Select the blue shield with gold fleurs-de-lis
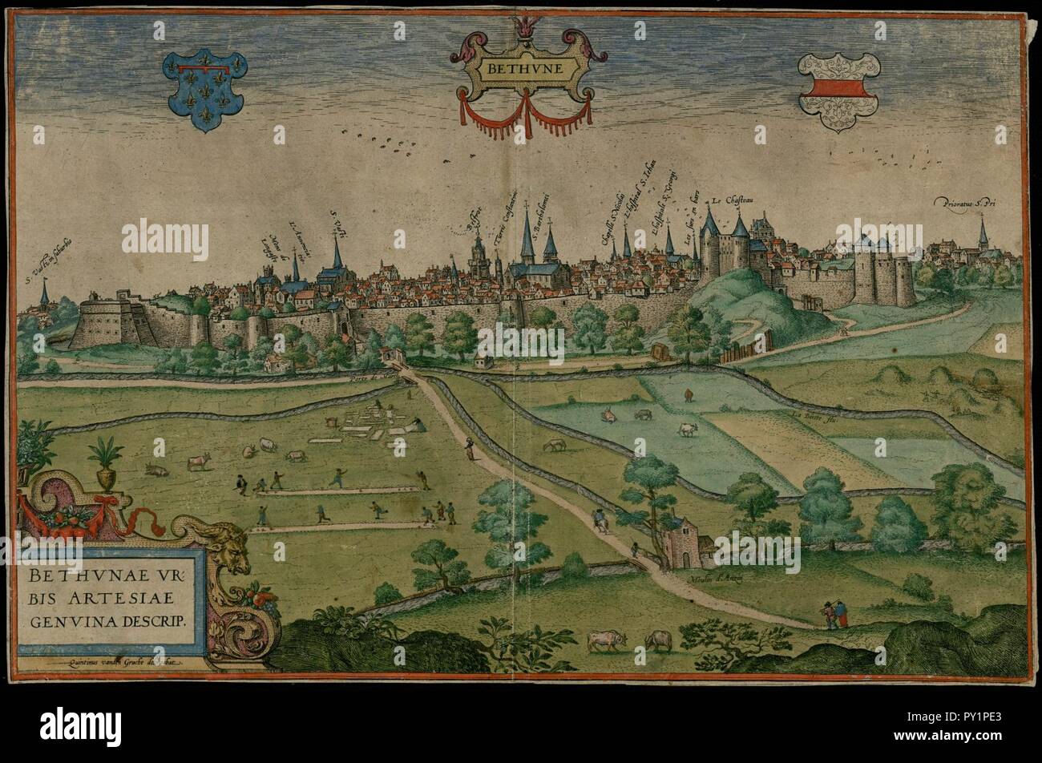tap(204, 88)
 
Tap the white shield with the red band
tap(838, 88)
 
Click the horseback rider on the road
tap(598, 519)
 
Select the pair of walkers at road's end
tap(833, 613)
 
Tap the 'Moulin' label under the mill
tap(707, 575)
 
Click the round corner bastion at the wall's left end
tap(100, 321)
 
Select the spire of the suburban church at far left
tap(45, 293)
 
